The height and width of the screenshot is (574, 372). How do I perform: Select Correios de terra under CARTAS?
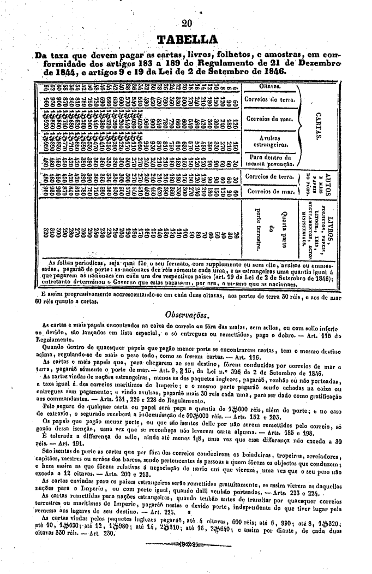[x=269, y=100]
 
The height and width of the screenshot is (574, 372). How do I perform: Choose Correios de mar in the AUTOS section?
[x=269, y=191]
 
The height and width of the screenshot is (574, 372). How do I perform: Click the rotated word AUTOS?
[x=328, y=185]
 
